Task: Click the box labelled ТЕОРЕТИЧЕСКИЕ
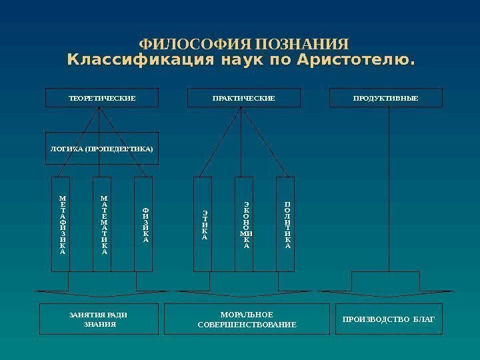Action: pos(102,98)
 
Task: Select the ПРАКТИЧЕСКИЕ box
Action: pos(243,98)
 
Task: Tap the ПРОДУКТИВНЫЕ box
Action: pos(386,98)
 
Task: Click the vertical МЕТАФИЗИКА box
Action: pos(62,224)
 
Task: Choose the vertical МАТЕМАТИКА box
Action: pos(103,224)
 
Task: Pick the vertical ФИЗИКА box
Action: pos(144,224)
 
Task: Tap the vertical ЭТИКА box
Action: pos(203,224)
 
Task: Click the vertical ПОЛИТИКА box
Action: pos(285,224)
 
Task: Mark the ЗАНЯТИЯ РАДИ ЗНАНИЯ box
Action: pos(99,319)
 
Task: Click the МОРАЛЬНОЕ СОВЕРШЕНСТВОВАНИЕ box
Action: pos(247,319)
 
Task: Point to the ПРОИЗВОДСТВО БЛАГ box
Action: pos(388,319)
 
